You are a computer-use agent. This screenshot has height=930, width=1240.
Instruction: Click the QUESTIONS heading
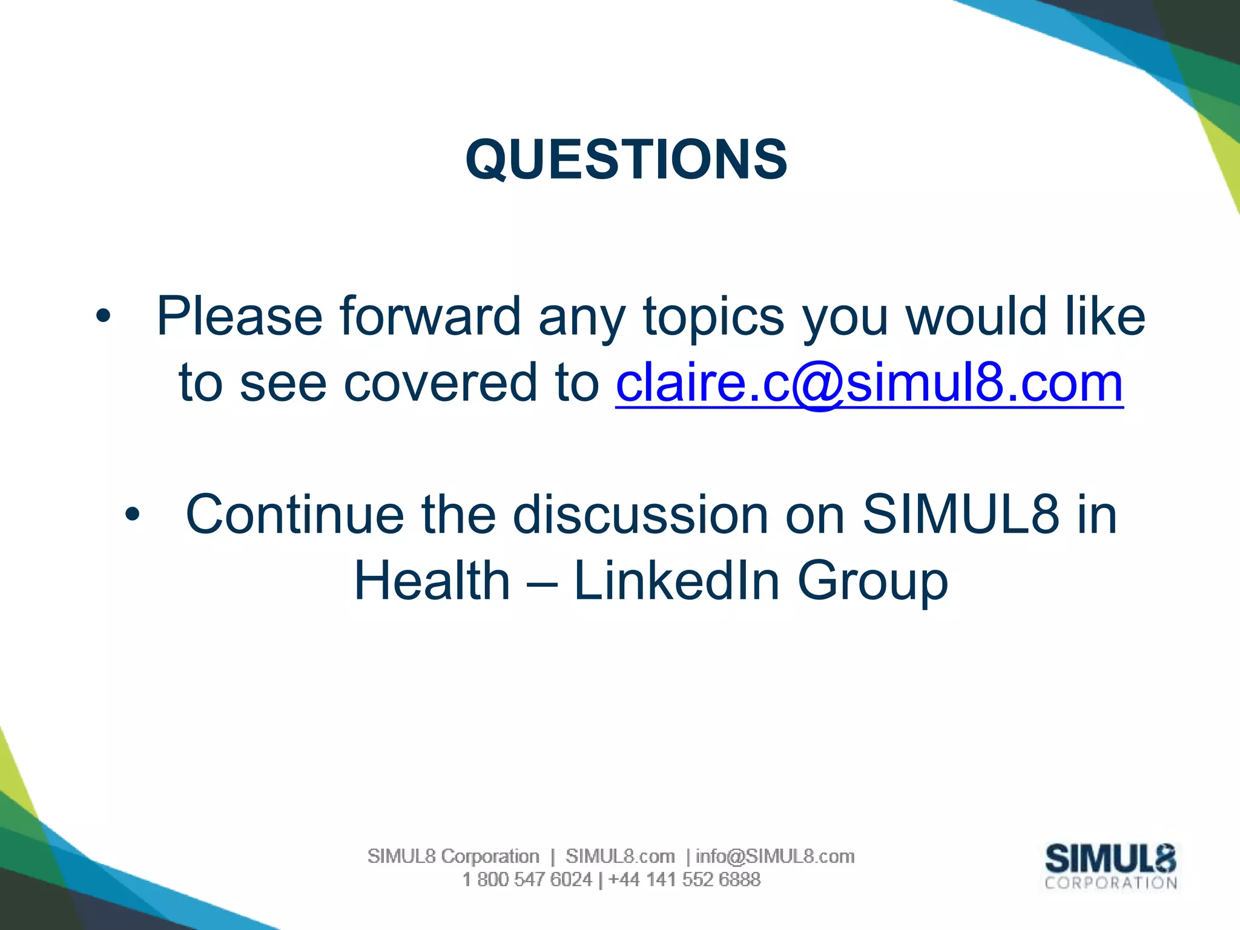pos(626,159)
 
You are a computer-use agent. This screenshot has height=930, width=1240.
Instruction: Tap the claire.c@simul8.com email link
pos(869,383)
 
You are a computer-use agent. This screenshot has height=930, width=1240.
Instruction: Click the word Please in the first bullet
pos(240,316)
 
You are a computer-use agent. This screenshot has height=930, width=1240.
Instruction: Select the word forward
pos(430,316)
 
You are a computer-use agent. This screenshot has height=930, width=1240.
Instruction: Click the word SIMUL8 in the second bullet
pos(961,515)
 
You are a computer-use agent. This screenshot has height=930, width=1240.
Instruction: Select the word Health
pos(432,581)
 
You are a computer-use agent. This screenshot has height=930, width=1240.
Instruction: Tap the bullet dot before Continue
pos(132,515)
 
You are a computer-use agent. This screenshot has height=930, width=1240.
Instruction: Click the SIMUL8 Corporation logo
pos(1110,866)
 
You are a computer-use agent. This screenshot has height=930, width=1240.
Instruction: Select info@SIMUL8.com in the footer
pos(775,856)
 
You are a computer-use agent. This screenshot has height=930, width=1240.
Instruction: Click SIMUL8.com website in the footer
pos(620,856)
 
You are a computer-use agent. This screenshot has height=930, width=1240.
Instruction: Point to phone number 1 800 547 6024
pos(527,879)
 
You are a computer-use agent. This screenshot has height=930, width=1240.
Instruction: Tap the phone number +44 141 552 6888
pos(684,879)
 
